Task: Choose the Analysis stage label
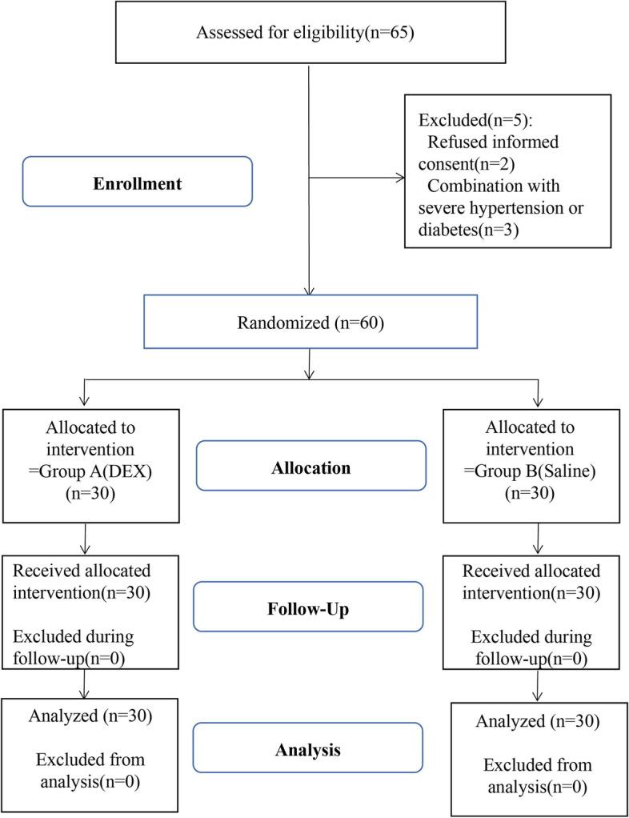[x=307, y=751]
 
